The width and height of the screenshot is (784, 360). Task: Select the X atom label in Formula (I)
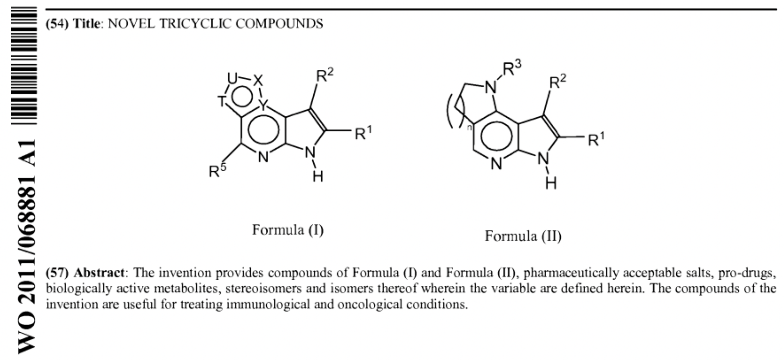point(258,80)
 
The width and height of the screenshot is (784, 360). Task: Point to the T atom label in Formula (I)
point(222,101)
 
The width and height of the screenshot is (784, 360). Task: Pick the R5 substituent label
point(218,170)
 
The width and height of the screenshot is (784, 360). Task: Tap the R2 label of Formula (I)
point(325,75)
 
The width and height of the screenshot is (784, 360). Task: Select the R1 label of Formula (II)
point(596,139)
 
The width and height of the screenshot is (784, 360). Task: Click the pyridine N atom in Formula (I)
point(263,157)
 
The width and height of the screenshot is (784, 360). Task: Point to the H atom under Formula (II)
point(551,183)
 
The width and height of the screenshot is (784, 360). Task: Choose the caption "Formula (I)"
point(288,230)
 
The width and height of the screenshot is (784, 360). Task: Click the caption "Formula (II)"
point(523,236)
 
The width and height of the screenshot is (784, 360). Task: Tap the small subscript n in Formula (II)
point(469,128)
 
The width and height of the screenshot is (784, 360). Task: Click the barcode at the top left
point(24,66)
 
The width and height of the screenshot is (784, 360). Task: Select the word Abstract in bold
point(99,273)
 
